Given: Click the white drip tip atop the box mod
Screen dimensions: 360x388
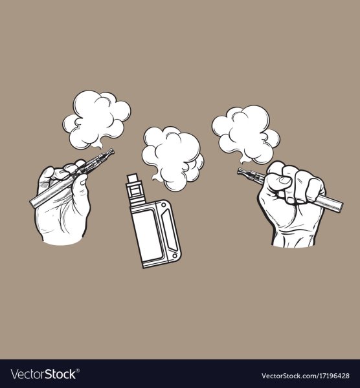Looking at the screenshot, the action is [132, 178].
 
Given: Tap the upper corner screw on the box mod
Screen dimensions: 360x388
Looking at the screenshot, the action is [164, 205].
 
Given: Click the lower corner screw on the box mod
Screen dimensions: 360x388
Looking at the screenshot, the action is [175, 255].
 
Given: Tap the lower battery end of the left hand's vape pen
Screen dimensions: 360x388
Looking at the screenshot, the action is [32, 204].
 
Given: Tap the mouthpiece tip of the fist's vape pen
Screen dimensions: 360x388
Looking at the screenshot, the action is [240, 171].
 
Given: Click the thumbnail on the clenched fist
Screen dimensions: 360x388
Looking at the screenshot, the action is [284, 180].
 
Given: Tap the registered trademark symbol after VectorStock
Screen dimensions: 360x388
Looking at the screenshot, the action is [78, 371].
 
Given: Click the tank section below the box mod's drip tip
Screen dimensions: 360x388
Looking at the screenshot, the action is [136, 192].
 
